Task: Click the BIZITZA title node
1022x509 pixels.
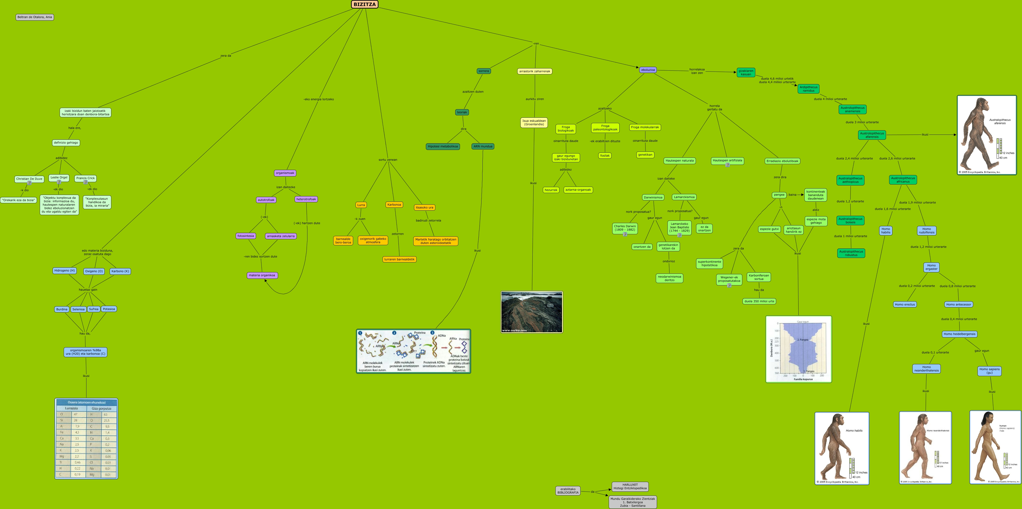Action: coord(364,4)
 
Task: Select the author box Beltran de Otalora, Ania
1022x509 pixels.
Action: coord(35,17)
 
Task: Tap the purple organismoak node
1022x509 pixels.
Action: coord(285,173)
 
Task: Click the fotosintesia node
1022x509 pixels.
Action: coord(246,236)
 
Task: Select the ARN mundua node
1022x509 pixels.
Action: coord(483,146)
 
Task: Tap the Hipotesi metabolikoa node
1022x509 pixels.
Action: coord(442,146)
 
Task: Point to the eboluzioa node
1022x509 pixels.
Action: coord(648,70)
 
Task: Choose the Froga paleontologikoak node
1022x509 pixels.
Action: coord(605,128)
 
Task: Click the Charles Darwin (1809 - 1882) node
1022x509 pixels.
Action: coord(625,228)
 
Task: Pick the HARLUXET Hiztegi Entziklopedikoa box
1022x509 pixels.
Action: coord(630,486)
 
